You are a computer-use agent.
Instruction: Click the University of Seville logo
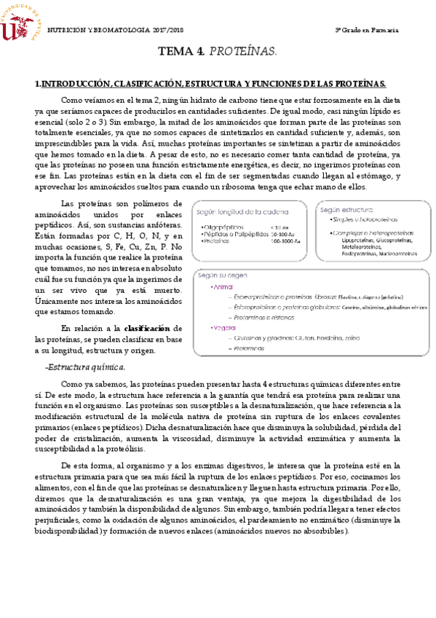point(20,22)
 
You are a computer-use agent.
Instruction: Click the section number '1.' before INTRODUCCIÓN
point(39,85)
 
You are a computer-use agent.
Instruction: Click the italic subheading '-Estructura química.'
point(85,366)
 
